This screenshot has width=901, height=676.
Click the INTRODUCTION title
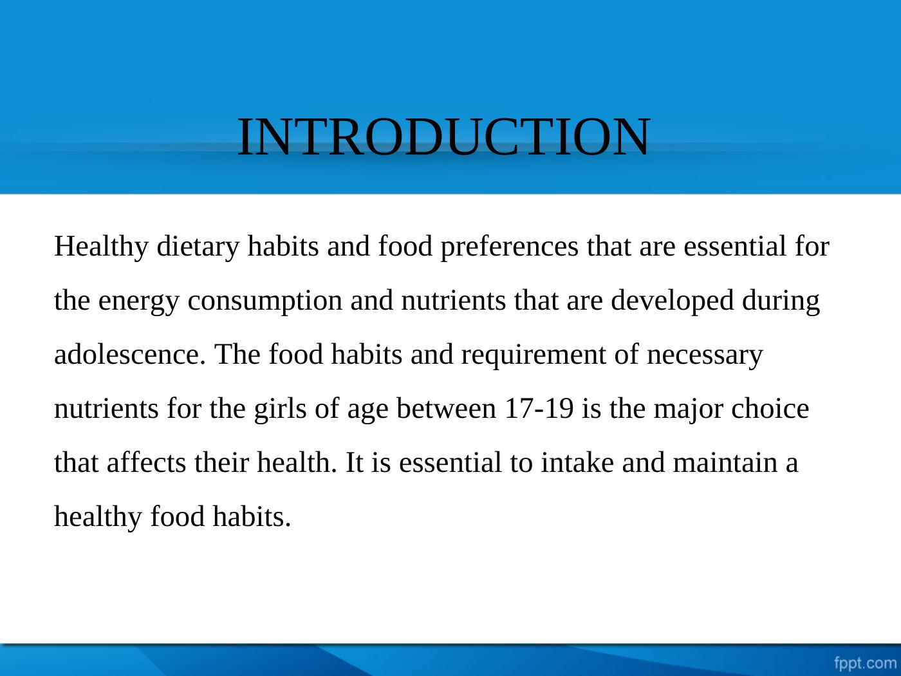(x=443, y=137)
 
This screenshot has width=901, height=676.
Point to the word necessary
(x=704, y=355)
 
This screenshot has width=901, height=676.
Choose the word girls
(x=281, y=409)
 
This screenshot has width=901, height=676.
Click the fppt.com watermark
(x=864, y=662)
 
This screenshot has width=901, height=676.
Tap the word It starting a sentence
(x=354, y=463)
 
